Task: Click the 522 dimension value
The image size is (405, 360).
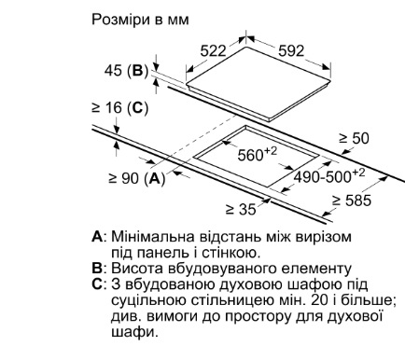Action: tap(213, 50)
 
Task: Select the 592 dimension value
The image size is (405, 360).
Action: tap(291, 50)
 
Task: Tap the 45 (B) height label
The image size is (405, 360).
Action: tap(126, 71)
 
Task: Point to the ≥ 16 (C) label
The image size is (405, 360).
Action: tap(119, 107)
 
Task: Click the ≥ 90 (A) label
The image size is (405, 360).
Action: tap(136, 178)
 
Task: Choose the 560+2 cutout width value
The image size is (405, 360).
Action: tap(257, 154)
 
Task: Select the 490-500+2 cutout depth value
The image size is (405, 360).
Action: tap(329, 176)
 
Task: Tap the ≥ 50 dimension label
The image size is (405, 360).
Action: tap(354, 138)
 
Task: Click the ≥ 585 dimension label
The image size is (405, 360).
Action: tap(352, 201)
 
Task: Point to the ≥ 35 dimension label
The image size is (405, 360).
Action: tap(241, 209)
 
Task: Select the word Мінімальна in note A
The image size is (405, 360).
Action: tap(154, 237)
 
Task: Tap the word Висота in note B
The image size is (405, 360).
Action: tap(133, 269)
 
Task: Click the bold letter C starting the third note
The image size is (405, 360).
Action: tap(97, 284)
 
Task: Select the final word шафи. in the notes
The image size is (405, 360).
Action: tap(134, 332)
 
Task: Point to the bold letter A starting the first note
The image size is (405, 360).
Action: tap(97, 237)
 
